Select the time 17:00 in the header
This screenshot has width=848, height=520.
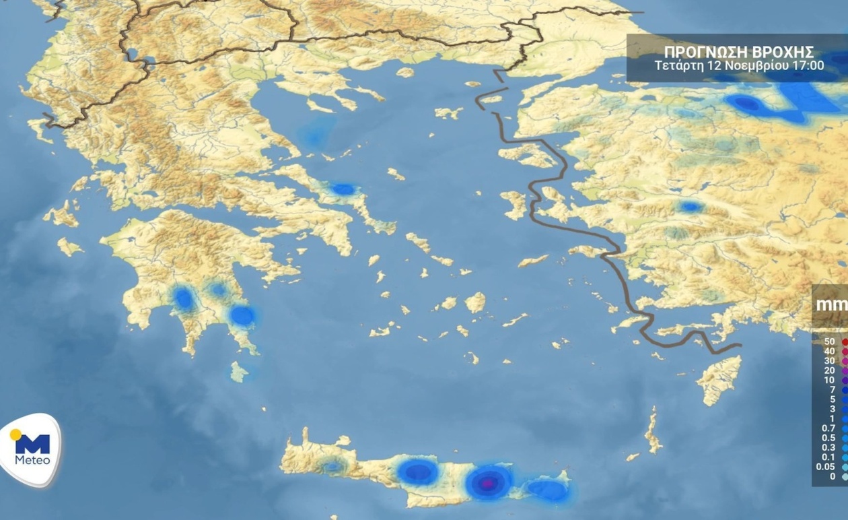pos(810,66)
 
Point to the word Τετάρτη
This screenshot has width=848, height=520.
pos(678,66)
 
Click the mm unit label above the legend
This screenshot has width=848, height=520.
pos(831,304)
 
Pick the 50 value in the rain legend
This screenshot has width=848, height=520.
pos(829,342)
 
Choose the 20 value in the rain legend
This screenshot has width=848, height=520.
pos(829,370)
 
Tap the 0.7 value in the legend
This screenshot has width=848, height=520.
pos(828,428)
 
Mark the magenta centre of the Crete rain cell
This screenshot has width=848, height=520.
pos(490,482)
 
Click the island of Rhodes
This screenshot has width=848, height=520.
pos(720,379)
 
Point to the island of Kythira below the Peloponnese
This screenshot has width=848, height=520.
pos(238,371)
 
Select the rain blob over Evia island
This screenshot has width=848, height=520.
pos(343,190)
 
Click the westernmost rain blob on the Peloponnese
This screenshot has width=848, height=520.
pos(183,299)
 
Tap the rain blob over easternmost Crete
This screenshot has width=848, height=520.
pos(549,490)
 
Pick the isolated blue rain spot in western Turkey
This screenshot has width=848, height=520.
pos(690,207)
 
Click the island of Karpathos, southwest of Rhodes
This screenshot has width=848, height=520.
pos(652,431)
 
